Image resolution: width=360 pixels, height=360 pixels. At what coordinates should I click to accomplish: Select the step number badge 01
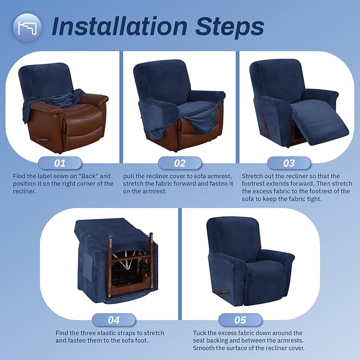coord(60,163)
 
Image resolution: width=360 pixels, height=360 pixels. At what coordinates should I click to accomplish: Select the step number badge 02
coord(180,163)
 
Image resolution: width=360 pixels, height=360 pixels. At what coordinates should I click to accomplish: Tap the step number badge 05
coord(240,319)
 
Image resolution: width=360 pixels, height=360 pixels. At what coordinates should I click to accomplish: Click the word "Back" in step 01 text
coord(87,175)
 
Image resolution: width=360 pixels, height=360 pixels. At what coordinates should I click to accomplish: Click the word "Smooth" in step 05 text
coord(204,348)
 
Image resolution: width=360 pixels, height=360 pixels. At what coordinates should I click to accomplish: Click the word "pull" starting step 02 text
coord(129,175)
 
